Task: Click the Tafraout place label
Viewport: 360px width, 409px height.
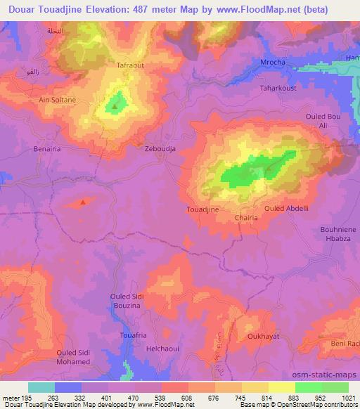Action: [130, 65]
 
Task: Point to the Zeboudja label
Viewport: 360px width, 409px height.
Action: [159, 150]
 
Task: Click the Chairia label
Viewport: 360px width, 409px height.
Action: [247, 219]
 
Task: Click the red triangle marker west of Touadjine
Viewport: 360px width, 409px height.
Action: [83, 202]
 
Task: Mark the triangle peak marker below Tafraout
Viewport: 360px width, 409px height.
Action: [115, 108]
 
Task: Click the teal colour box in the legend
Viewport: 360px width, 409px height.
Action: [41, 387]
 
